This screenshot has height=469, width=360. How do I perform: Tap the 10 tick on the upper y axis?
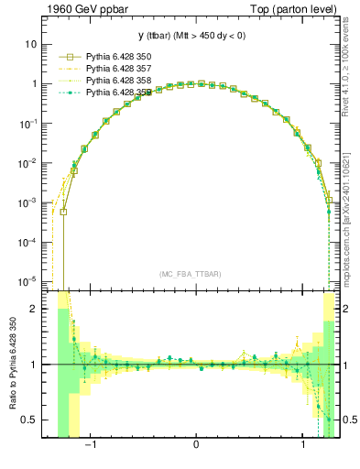click(30, 43)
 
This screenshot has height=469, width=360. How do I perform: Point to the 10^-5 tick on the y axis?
click(27, 281)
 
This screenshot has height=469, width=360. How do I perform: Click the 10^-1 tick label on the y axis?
click(27, 123)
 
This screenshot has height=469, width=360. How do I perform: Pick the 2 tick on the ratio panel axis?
click(33, 309)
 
